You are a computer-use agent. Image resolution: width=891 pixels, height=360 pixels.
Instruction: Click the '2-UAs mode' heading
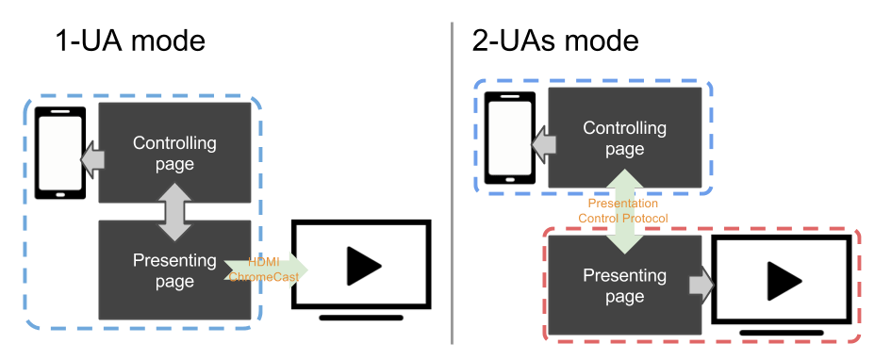click(x=555, y=41)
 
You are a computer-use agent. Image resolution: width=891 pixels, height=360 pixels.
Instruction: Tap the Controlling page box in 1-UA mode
click(x=174, y=154)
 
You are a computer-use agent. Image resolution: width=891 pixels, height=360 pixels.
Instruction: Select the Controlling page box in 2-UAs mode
click(x=624, y=138)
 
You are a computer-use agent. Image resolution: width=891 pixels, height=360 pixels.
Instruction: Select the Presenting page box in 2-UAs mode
click(x=624, y=286)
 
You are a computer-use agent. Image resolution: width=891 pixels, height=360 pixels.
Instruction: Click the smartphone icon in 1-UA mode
click(x=59, y=154)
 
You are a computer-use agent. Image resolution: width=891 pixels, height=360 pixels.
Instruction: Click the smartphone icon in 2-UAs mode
click(x=510, y=139)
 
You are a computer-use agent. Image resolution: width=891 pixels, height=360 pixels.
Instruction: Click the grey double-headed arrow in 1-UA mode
click(x=174, y=212)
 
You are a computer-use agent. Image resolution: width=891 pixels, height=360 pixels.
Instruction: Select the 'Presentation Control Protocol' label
click(x=623, y=211)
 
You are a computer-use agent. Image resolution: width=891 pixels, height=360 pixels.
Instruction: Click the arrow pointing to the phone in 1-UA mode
click(x=93, y=160)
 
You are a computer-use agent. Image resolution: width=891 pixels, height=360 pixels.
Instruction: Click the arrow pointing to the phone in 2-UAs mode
click(x=543, y=144)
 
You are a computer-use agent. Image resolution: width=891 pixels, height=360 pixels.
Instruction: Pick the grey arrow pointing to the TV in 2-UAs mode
click(x=701, y=286)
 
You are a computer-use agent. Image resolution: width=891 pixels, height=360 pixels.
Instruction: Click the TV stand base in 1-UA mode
click(x=362, y=319)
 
